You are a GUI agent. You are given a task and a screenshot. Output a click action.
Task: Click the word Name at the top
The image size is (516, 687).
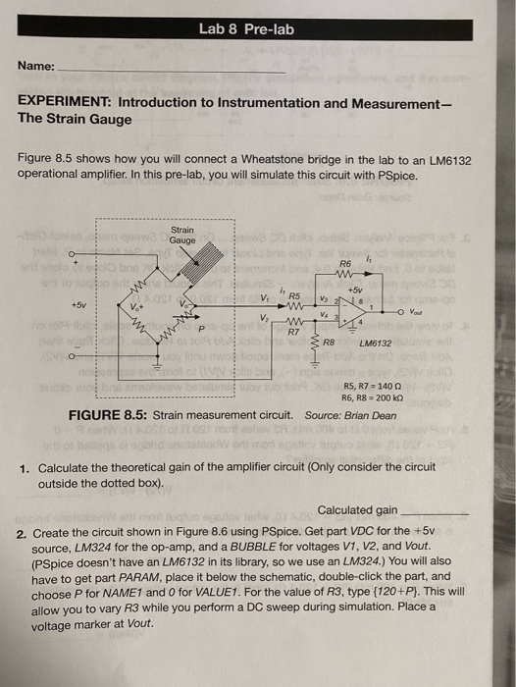point(35,67)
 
